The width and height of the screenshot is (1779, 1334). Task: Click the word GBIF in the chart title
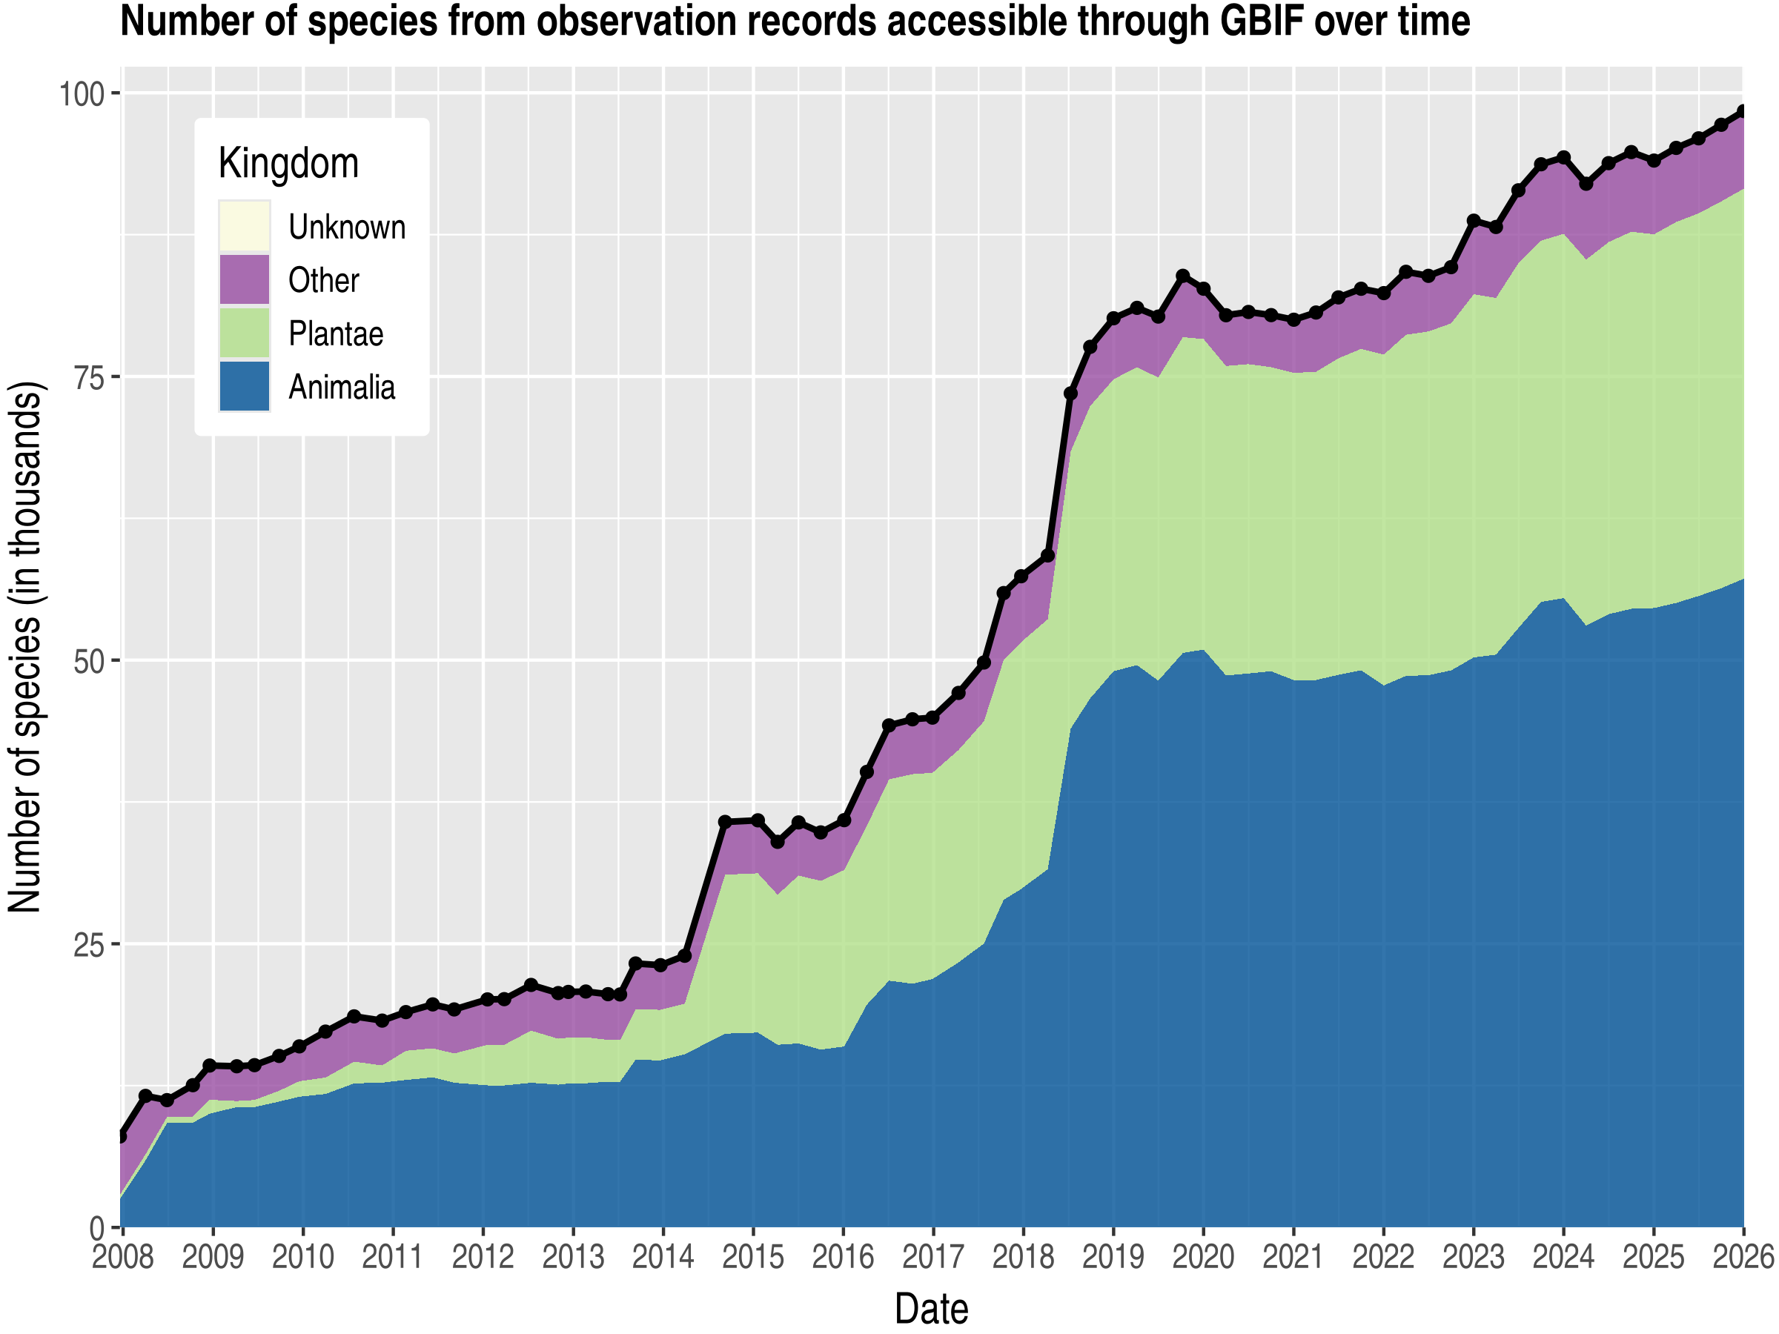coord(1260,21)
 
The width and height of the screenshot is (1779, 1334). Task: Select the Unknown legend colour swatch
coord(245,226)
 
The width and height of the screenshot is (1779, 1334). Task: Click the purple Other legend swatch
coord(245,280)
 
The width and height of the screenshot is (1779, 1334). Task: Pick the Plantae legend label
coord(335,333)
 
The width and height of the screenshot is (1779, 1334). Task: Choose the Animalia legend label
coord(342,388)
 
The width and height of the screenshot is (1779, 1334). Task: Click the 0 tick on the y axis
coord(97,1229)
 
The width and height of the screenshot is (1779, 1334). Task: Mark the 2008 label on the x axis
coord(122,1257)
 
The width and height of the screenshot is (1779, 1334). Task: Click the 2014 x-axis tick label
coord(663,1257)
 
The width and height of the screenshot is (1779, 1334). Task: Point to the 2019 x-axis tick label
coord(1113,1257)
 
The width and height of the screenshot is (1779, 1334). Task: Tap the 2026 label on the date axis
coord(1743,1257)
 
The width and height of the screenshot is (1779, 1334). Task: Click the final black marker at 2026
coord(1743,111)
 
